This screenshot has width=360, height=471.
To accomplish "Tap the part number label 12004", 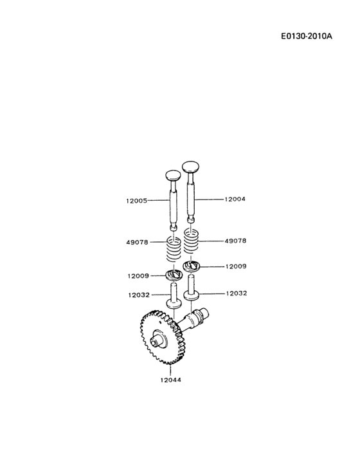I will click(235, 199).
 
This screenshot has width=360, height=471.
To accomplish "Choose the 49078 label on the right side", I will click(236, 241).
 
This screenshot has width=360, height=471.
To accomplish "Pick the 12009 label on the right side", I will click(236, 266).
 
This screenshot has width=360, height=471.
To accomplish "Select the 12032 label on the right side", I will click(236, 293).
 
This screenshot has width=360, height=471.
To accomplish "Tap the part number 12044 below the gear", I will click(170, 380).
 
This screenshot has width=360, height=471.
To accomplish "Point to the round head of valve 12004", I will click(192, 166).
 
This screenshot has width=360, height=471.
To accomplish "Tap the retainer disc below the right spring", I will click(192, 266).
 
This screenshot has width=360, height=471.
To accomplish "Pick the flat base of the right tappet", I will click(191, 296).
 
